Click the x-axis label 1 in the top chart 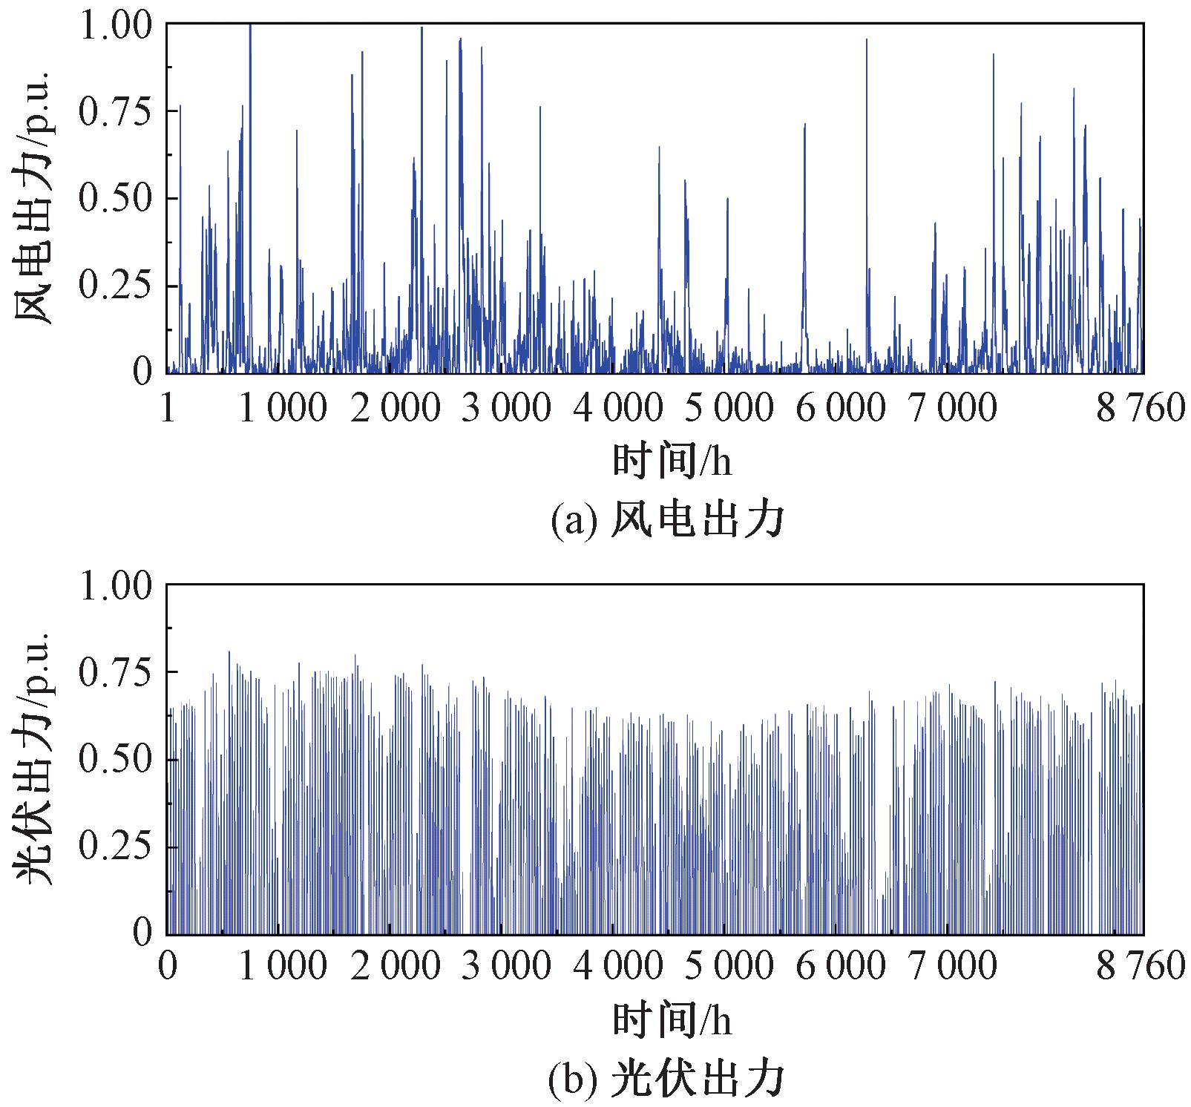(x=168, y=409)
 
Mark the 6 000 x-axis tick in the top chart (x=840, y=409)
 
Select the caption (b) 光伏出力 (x=666, y=1080)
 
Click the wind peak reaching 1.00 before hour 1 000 (x=250, y=30)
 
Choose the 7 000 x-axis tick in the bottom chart (x=953, y=967)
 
